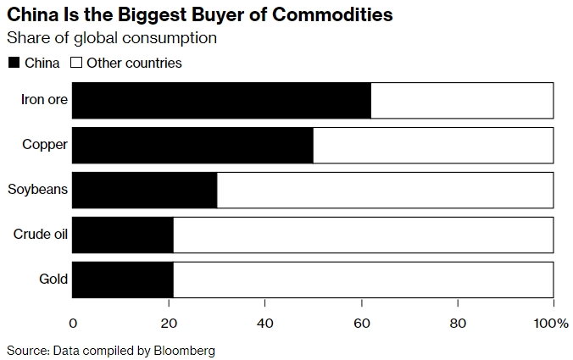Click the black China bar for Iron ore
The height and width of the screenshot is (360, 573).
coord(220,100)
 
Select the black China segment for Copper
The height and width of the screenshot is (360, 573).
coord(192,145)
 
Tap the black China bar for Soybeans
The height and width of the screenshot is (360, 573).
coord(144,190)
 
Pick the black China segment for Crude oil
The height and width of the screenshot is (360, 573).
coord(123,235)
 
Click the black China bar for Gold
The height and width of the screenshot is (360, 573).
coord(123,280)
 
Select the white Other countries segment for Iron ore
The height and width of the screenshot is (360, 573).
coord(462,100)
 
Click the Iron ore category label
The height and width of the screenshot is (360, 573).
coord(45,100)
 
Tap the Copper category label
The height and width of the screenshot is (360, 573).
coord(45,145)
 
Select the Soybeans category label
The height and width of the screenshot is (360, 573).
coord(37,190)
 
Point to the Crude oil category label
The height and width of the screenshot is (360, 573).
coord(41,235)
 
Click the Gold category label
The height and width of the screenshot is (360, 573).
coord(53,280)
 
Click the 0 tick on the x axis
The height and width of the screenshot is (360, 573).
coord(73,324)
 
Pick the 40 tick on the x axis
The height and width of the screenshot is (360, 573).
coord(265,324)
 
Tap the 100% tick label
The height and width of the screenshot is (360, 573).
coord(552,324)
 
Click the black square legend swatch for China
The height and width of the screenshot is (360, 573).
coord(14,63)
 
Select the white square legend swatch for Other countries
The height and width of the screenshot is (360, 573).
coord(75,63)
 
